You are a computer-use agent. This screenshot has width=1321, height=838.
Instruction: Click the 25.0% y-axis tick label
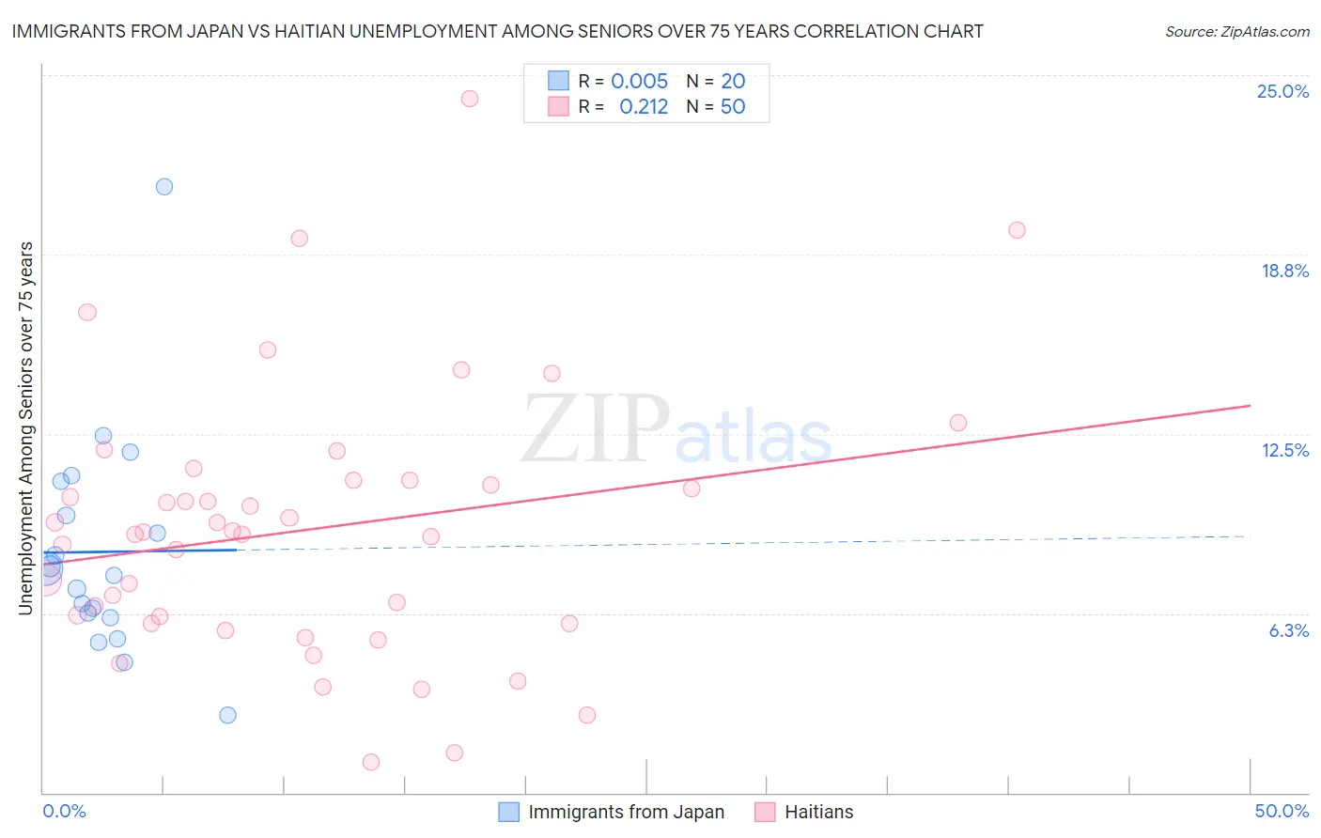[1282, 91]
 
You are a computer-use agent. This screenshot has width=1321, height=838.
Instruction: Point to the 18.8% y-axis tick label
[1284, 271]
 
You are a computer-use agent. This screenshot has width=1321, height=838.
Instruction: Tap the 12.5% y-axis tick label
[1284, 450]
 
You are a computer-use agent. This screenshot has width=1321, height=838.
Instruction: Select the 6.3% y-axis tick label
[1288, 630]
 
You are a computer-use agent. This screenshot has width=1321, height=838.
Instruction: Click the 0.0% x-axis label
[64, 811]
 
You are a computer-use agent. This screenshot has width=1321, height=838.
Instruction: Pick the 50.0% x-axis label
[1282, 811]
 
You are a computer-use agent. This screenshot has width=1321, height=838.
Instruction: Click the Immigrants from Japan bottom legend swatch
[508, 812]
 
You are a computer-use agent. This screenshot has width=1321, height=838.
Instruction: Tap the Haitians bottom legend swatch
[765, 812]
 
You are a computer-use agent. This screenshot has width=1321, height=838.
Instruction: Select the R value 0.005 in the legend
[639, 81]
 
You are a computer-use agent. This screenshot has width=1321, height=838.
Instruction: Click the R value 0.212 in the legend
[644, 106]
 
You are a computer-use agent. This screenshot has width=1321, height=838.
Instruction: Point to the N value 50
[733, 106]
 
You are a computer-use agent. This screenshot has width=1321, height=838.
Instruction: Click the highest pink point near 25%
[469, 99]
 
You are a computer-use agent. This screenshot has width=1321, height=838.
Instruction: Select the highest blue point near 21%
[164, 186]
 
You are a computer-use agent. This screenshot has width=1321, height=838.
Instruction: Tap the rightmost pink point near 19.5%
[1017, 230]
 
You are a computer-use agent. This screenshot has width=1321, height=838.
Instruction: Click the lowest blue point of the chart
[227, 715]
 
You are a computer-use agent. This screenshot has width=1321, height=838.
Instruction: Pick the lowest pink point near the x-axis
[371, 762]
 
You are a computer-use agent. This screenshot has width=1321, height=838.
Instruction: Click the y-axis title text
[25, 428]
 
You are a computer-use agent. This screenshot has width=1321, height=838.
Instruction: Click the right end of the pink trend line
[1250, 405]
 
